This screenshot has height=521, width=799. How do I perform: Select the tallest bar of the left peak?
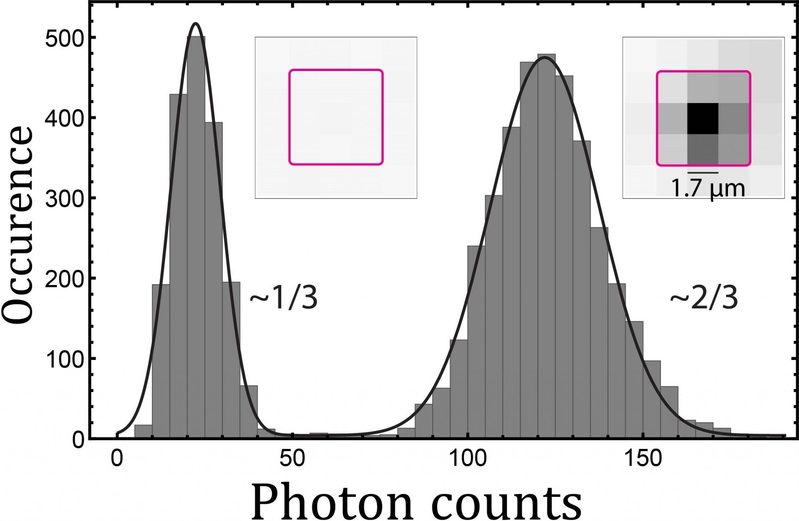196,234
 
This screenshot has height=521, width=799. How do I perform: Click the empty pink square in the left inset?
336,117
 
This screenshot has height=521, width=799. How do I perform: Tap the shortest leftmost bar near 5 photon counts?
143,431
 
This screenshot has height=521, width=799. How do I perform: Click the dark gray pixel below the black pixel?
703,149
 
